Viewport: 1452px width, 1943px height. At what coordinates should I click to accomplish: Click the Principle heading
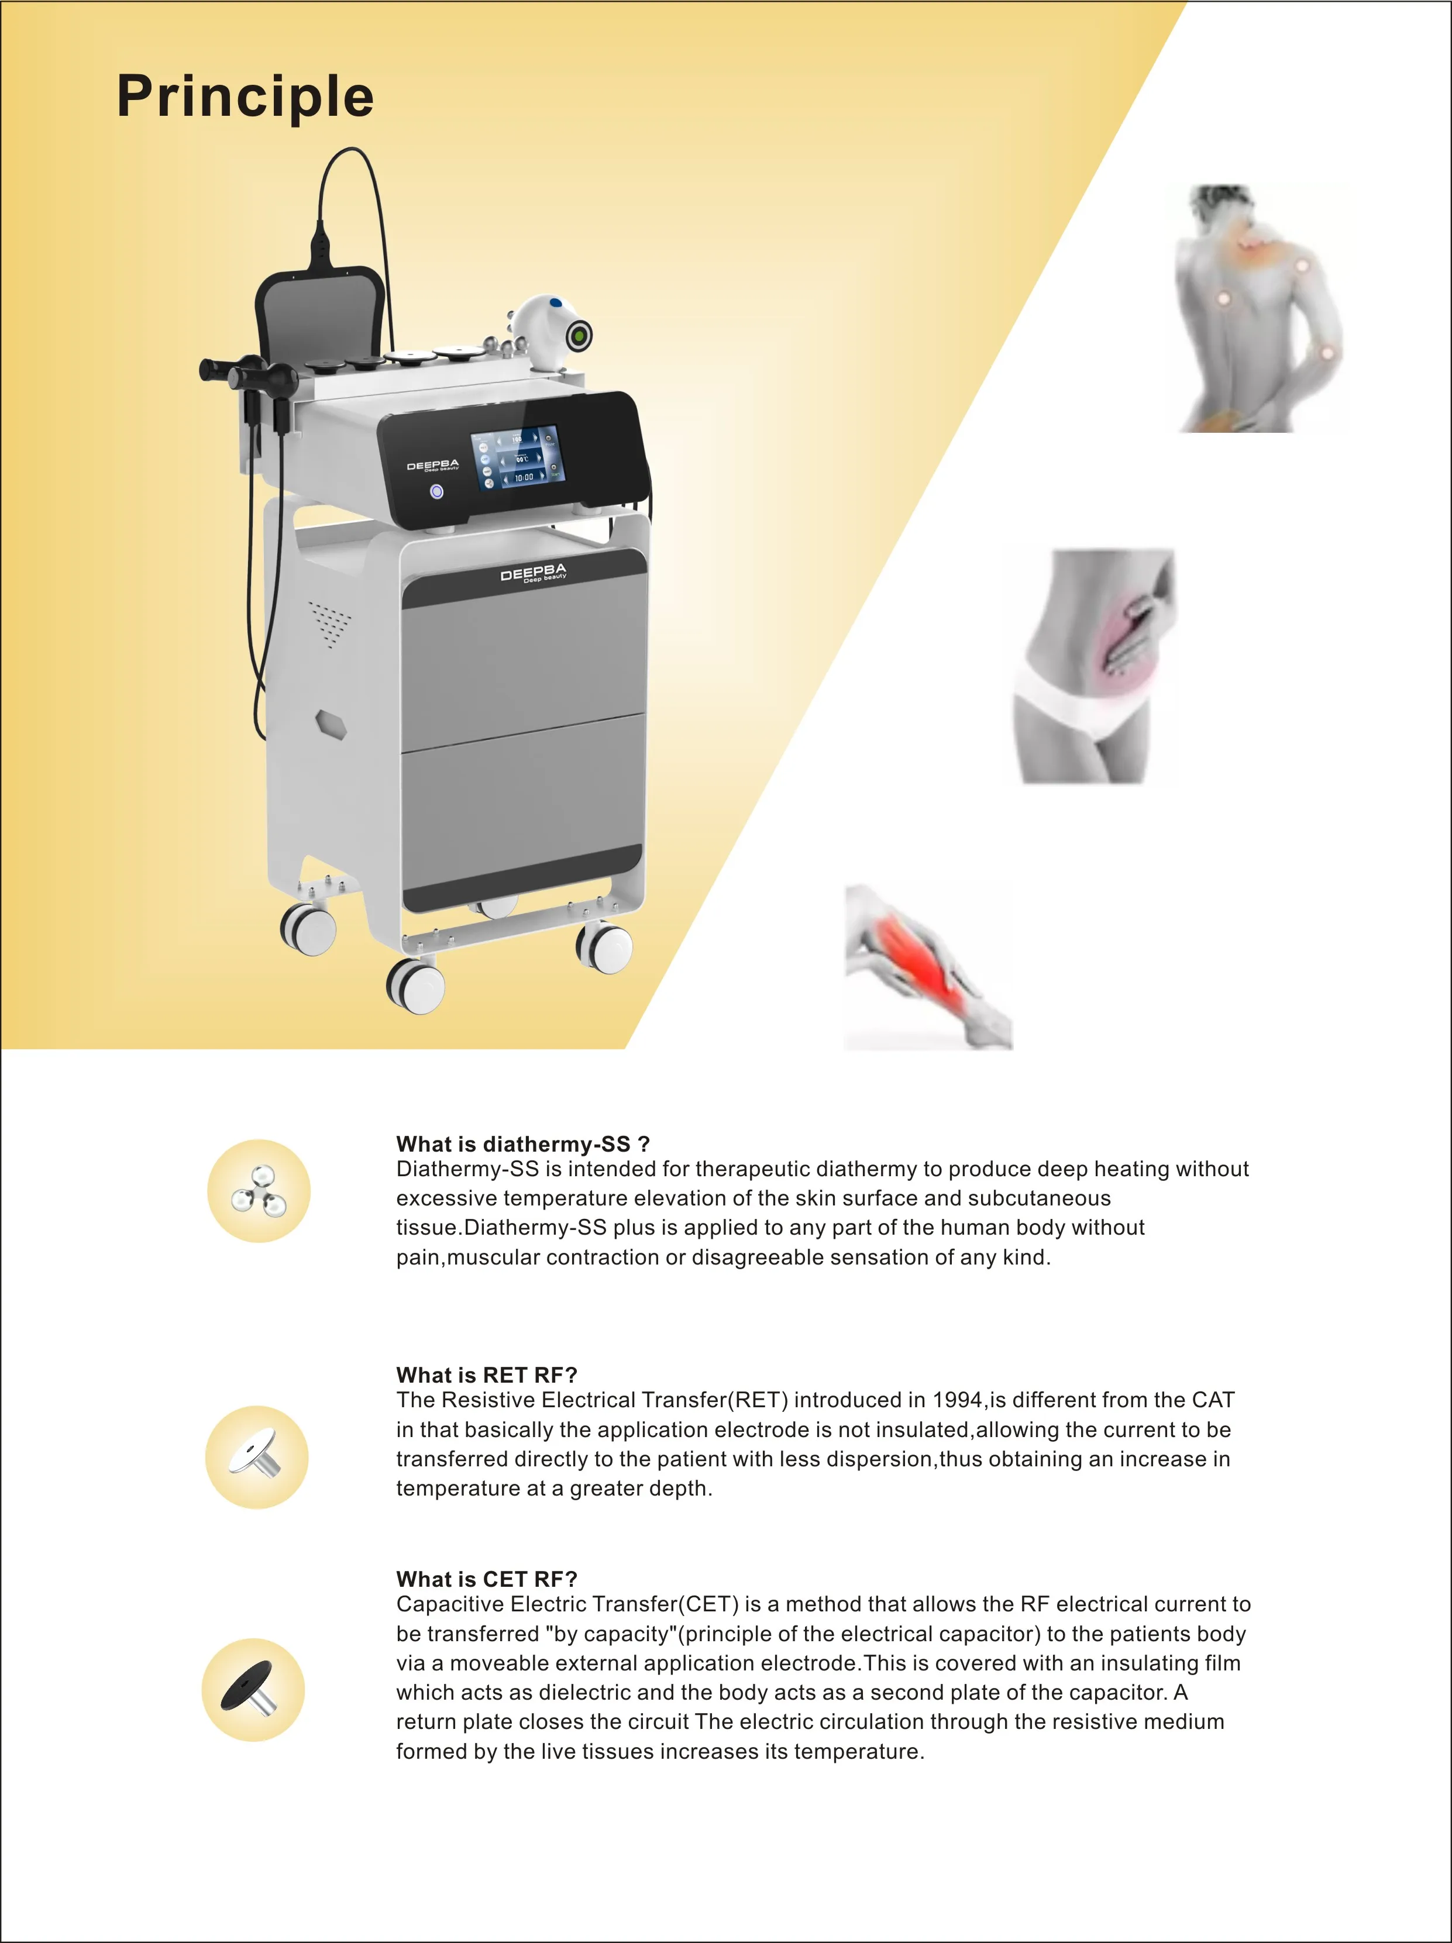[x=245, y=97]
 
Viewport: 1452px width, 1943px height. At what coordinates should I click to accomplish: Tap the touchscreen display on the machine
[x=517, y=459]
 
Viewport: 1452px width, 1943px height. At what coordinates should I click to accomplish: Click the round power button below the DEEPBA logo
[x=436, y=491]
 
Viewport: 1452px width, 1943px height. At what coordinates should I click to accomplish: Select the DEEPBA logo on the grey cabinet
[x=533, y=574]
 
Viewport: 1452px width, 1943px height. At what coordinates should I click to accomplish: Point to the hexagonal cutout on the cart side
[x=331, y=725]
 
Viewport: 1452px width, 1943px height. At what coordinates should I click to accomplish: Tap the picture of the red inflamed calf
[x=928, y=966]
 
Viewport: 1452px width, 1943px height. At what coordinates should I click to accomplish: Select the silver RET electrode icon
[x=256, y=1458]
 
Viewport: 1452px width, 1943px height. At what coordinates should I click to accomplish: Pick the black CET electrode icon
[x=253, y=1689]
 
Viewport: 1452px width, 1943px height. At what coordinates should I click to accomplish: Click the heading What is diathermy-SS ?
[x=522, y=1143]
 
